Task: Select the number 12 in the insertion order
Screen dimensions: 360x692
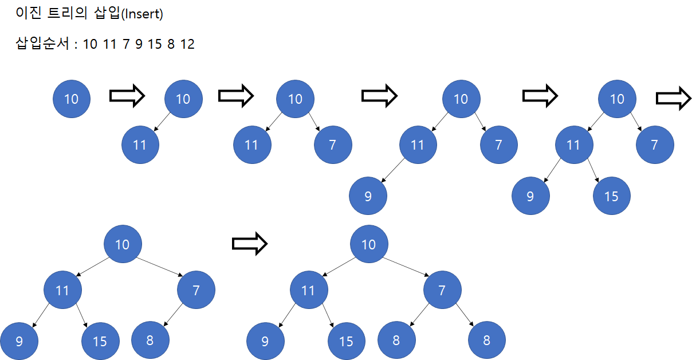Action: pyautogui.click(x=187, y=44)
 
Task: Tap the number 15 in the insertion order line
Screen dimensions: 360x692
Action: pyautogui.click(x=155, y=44)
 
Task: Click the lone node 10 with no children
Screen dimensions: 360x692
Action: pyautogui.click(x=71, y=99)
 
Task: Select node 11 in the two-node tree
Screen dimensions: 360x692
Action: pyautogui.click(x=140, y=144)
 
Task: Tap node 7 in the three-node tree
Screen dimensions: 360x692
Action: pyautogui.click(x=333, y=144)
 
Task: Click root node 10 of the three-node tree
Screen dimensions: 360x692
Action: pyautogui.click(x=294, y=99)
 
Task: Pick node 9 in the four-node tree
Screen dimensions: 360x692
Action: pyautogui.click(x=368, y=196)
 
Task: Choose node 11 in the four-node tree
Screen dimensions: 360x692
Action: pyautogui.click(x=418, y=144)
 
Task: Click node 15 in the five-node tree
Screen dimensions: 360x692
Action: pyautogui.click(x=611, y=196)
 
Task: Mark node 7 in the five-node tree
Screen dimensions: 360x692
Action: pyautogui.click(x=655, y=144)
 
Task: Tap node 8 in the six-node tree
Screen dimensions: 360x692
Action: pyautogui.click(x=150, y=340)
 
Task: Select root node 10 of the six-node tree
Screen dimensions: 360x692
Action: pyautogui.click(x=122, y=245)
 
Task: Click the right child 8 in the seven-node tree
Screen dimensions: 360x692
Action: pyautogui.click(x=486, y=340)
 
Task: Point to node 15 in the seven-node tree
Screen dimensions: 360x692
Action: pyautogui.click(x=346, y=342)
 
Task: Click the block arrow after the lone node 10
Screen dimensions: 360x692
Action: pyautogui.click(x=127, y=96)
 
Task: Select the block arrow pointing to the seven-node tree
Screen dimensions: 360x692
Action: pyautogui.click(x=250, y=244)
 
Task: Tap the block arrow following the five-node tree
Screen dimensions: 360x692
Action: pyautogui.click(x=673, y=99)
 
